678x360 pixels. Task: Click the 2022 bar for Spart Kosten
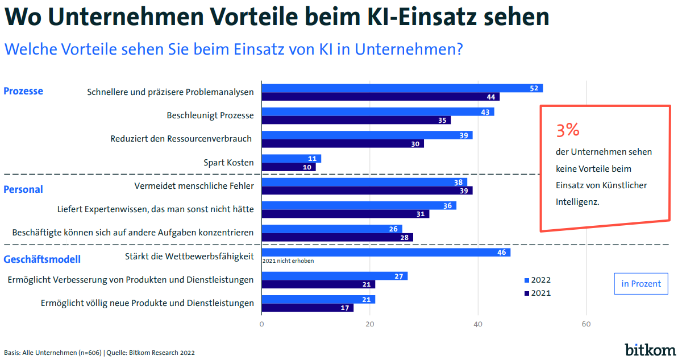(x=291, y=159)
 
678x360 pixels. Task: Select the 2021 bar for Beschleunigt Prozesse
(x=356, y=121)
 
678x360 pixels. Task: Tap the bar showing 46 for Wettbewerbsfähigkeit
(x=386, y=253)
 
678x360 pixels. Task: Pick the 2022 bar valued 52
(x=402, y=88)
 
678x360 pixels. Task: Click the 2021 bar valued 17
(x=307, y=308)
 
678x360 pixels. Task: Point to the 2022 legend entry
(x=538, y=280)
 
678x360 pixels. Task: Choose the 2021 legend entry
(x=538, y=293)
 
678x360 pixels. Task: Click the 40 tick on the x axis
(x=478, y=324)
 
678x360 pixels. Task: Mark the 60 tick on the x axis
(x=586, y=324)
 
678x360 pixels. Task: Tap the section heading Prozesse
(x=23, y=91)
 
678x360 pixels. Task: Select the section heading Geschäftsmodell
(x=42, y=259)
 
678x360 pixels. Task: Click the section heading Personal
(x=23, y=189)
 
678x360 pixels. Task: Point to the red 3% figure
(x=568, y=130)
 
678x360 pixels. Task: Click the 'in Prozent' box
(x=641, y=284)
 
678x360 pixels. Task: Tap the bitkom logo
(x=650, y=349)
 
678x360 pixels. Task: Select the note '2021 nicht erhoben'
(x=288, y=261)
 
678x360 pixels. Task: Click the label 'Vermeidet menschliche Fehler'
(x=194, y=186)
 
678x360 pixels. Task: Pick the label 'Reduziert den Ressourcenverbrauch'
(x=181, y=139)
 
